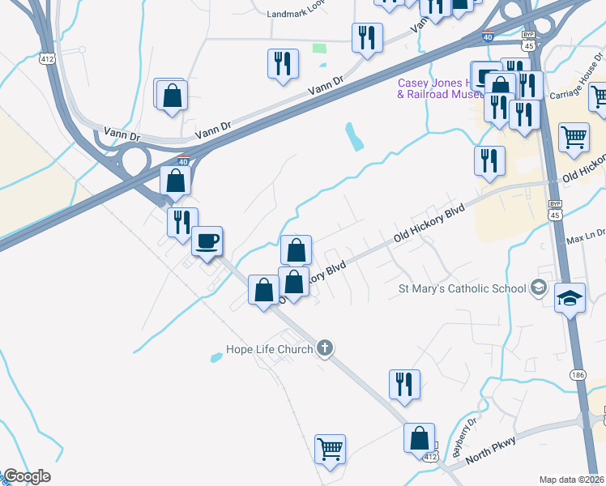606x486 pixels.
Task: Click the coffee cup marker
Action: (207, 241)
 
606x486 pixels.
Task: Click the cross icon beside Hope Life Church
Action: (325, 349)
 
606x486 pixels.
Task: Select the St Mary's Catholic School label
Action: (462, 288)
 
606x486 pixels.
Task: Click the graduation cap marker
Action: (570, 297)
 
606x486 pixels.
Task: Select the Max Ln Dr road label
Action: (585, 241)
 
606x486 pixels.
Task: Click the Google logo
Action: (27, 476)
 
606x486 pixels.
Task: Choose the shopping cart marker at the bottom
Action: (330, 448)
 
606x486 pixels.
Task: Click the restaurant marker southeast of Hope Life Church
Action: (403, 383)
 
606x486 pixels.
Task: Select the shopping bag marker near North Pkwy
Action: (420, 438)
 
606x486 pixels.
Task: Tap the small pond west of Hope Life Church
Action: (216, 356)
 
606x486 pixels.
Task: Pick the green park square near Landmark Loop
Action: (319, 49)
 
